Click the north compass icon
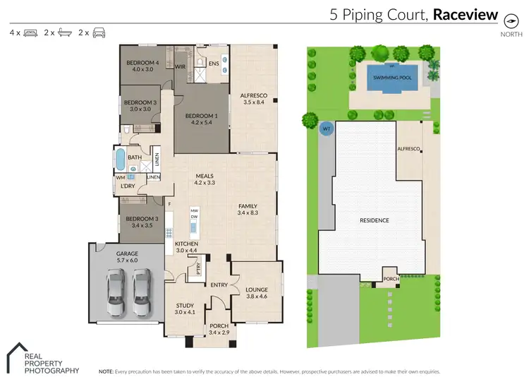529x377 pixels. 511,21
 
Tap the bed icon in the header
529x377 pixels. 31,32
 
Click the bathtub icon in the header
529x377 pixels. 65,32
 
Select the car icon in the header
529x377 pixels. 99,32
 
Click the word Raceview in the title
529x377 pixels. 466,15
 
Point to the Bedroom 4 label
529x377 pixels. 142,63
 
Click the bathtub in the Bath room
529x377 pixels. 120,159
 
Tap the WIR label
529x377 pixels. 180,66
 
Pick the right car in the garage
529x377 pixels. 141,292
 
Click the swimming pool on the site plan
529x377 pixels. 392,78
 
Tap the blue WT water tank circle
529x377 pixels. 327,128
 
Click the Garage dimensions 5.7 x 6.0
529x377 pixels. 127,260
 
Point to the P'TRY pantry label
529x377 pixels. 198,268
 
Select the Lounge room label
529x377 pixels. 257,289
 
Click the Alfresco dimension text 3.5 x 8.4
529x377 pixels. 254,102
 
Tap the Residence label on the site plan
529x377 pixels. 375,220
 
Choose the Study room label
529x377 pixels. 185,306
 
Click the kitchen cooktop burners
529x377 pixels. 169,233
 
